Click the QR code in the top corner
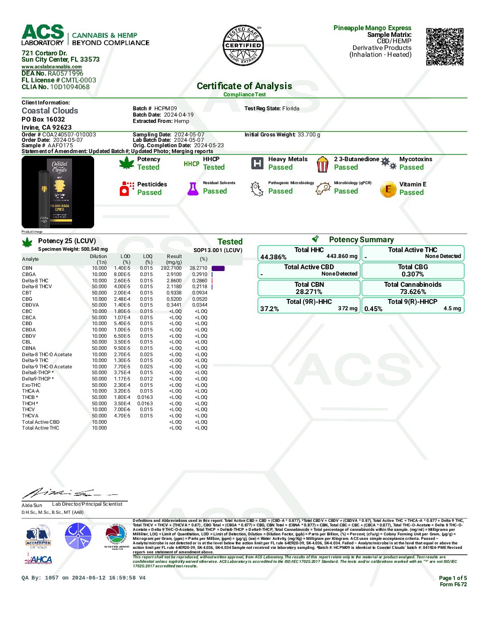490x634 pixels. click(445, 47)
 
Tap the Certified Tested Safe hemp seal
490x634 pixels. click(243, 45)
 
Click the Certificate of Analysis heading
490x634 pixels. click(244, 86)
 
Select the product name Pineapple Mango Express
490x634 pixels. click(372, 28)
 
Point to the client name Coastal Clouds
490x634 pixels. click(50, 111)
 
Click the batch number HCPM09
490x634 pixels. click(165, 109)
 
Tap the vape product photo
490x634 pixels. click(58, 192)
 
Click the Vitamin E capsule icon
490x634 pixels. click(388, 190)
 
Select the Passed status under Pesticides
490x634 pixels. click(149, 193)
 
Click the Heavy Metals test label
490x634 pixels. click(288, 159)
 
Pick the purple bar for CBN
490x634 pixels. click(218, 268)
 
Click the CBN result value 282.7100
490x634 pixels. click(171, 268)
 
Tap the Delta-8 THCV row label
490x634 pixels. click(37, 286)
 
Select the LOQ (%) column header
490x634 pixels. click(148, 259)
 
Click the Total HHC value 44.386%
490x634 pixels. click(273, 257)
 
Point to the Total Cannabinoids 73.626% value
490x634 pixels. click(413, 292)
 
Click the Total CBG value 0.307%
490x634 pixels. click(413, 274)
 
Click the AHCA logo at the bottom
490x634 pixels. click(38, 559)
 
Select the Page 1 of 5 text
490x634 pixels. click(453, 578)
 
